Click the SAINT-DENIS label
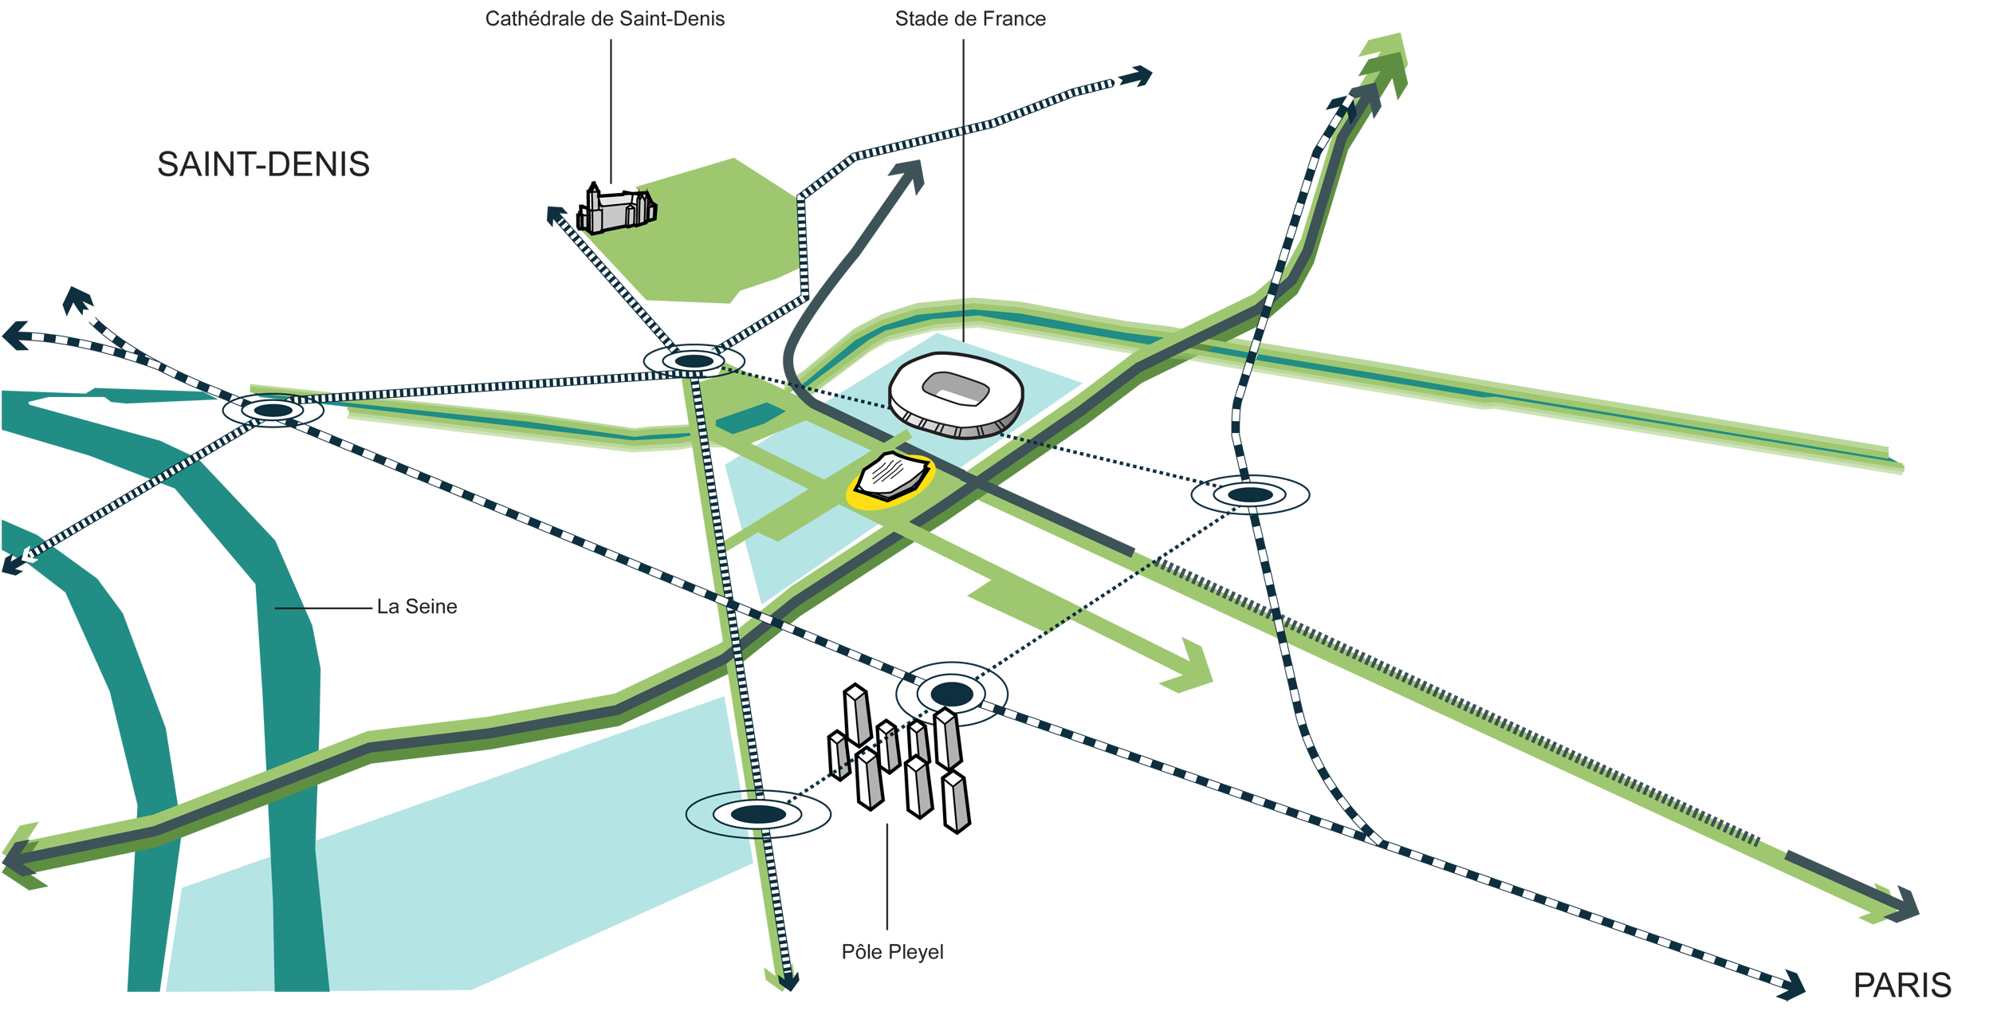(x=263, y=164)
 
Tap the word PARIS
(x=1901, y=985)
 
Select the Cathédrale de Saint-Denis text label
(x=604, y=19)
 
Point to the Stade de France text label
(x=969, y=19)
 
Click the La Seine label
(x=417, y=607)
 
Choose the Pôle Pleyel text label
(x=892, y=952)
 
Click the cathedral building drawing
(x=616, y=210)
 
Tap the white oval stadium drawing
(x=956, y=395)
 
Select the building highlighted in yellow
(x=891, y=479)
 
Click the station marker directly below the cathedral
(x=694, y=361)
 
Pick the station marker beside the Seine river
(x=273, y=411)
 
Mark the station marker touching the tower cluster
(x=952, y=694)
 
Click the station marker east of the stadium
(x=1250, y=495)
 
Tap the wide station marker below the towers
(x=758, y=814)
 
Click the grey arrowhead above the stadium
(x=910, y=173)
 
